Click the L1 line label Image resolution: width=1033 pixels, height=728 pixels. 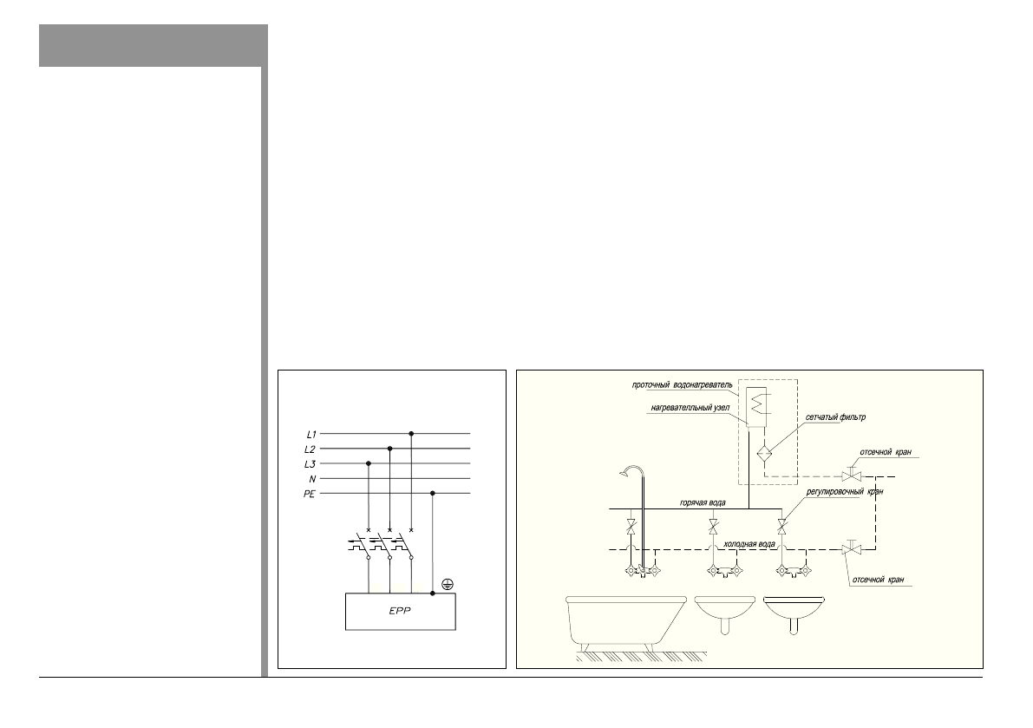[x=310, y=433]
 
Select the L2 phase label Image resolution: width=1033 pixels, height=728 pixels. [x=310, y=449]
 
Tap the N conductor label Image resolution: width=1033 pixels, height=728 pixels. [x=311, y=478]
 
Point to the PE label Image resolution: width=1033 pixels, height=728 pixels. [x=310, y=493]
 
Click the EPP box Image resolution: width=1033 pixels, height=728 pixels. [x=400, y=611]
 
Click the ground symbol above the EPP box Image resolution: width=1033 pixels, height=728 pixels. [x=446, y=583]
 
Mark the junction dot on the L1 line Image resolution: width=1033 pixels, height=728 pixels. [x=411, y=433]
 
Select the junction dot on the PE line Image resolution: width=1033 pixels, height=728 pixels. [x=433, y=493]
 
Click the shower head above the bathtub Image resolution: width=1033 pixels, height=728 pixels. [x=626, y=472]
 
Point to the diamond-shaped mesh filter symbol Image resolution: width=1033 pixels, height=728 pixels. [x=764, y=453]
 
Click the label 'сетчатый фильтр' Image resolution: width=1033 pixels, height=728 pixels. [x=836, y=417]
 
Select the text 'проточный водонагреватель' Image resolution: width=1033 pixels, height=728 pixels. [x=683, y=384]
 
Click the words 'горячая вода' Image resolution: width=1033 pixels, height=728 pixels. [x=703, y=502]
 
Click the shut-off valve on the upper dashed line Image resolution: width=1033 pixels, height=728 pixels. [x=850, y=476]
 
